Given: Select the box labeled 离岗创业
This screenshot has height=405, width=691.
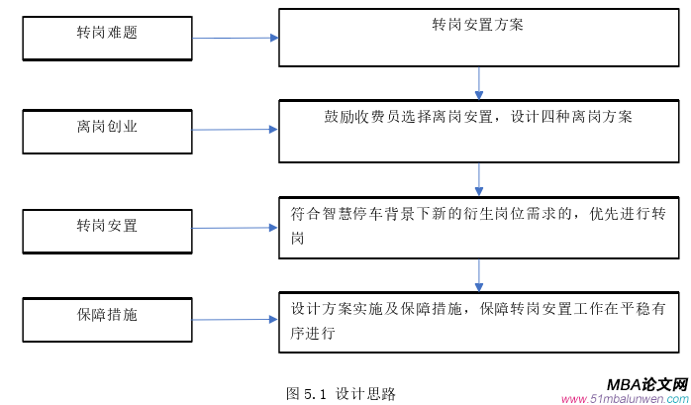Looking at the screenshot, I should [x=107, y=131].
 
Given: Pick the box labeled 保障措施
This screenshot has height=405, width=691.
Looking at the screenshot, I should [x=107, y=317].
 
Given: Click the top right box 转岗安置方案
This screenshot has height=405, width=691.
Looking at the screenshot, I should [x=478, y=38].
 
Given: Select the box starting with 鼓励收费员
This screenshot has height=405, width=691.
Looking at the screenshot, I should [x=478, y=131].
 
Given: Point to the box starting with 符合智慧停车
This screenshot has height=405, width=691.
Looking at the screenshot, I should [x=478, y=227].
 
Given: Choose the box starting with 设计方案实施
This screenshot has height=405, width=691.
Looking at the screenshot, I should [x=478, y=321].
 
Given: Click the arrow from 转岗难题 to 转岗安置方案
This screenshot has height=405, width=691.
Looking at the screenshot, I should [x=235, y=39].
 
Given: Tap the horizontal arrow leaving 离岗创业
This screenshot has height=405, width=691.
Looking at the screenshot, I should [x=235, y=130].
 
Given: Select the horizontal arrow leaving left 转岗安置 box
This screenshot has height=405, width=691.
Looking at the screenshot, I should [x=235, y=228].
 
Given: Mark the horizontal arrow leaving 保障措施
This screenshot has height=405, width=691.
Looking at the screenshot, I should [x=235, y=319].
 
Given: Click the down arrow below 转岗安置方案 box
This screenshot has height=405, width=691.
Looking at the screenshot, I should [x=479, y=83].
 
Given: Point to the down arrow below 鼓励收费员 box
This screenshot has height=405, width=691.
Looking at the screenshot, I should [x=479, y=178].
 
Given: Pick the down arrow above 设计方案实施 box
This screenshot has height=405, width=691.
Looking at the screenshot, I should [x=479, y=273].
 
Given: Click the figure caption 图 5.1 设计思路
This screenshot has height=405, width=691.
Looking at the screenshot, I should [x=341, y=393].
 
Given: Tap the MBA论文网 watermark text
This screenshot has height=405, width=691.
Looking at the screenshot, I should [x=646, y=384].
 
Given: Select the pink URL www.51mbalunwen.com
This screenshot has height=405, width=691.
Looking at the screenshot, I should [x=625, y=399].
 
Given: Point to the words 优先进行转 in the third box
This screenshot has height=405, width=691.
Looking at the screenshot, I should [x=625, y=212].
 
